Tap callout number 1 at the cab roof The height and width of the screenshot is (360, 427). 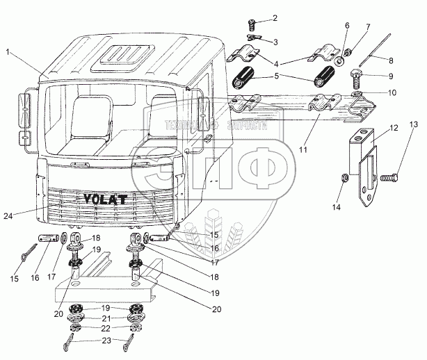click(8, 51)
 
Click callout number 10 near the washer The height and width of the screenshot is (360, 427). click(392, 92)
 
